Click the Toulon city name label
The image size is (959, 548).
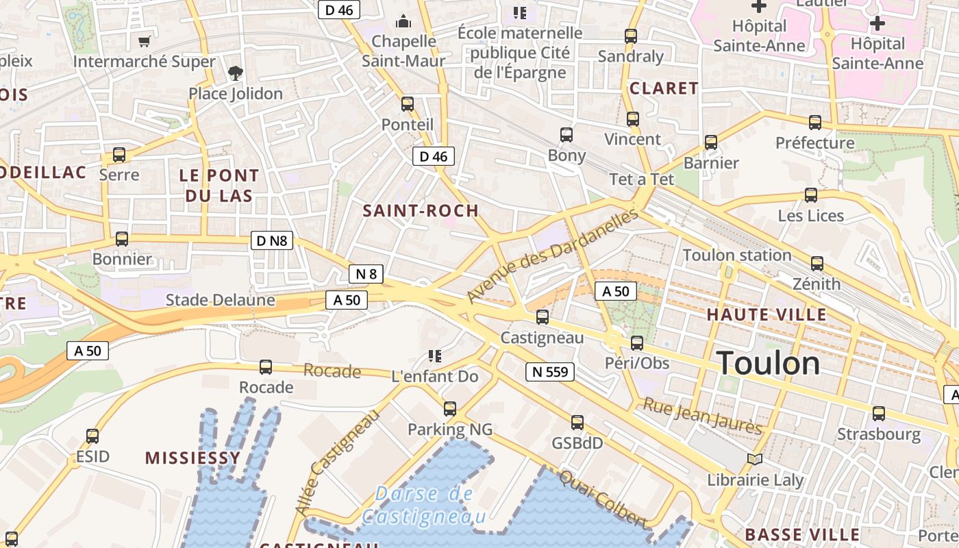tap(768, 363)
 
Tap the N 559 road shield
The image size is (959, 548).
tap(549, 372)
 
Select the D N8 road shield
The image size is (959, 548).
tap(273, 240)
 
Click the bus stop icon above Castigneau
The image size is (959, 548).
tap(543, 316)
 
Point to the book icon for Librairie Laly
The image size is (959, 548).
tap(755, 459)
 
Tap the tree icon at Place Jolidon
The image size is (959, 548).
tap(235, 73)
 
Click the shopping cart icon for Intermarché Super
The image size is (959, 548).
tap(144, 42)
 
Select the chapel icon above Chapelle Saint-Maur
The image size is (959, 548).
tap(403, 21)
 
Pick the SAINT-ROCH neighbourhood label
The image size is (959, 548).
tap(421, 210)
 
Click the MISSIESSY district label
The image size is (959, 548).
tap(192, 458)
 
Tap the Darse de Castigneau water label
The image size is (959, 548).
tap(425, 505)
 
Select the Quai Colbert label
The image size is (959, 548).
tap(603, 499)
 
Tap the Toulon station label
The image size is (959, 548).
tap(737, 256)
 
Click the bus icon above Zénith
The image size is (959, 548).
tap(817, 263)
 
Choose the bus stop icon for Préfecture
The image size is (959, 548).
tap(814, 123)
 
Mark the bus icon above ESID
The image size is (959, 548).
tap(92, 436)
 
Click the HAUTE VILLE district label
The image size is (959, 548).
tap(767, 315)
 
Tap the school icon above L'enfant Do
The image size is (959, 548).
tap(434, 356)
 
